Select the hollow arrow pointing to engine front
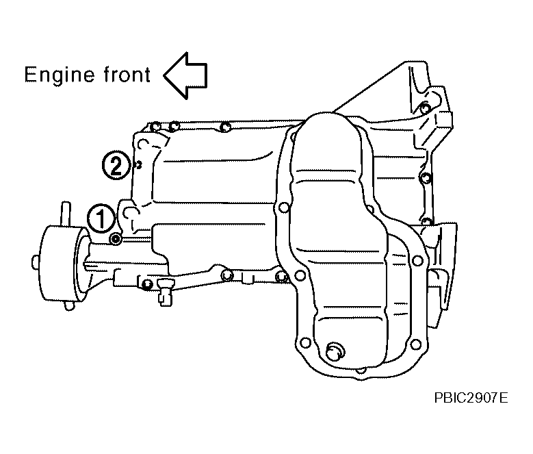pos(185,76)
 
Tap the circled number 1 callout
pos(101,218)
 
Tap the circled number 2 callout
pos(116,166)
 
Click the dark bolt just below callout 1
pos(116,240)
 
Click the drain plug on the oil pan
pos(335,352)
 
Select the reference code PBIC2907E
pos(471,398)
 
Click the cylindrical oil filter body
pos(61,264)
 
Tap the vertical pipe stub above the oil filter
pos(66,214)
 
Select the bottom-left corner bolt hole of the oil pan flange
pos(305,342)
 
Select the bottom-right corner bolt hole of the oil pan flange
pos(416,344)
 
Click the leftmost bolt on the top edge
pos(155,127)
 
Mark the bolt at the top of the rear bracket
pos(424,108)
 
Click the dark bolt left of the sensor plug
pos(147,284)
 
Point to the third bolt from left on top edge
pos(225,127)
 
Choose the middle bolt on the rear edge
pos(425,177)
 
